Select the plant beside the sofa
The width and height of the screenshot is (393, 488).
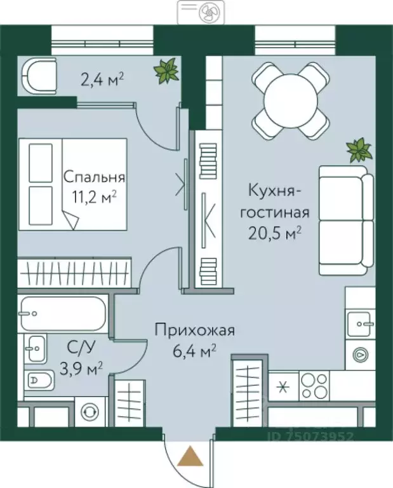coord(359,151)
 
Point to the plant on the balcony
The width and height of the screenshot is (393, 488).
coord(166,71)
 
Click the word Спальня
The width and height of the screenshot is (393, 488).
coord(95,178)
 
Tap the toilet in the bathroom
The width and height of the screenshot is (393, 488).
coord(41,381)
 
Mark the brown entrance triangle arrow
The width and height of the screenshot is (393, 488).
coord(188,457)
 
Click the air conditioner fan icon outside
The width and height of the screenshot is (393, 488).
coord(206,12)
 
